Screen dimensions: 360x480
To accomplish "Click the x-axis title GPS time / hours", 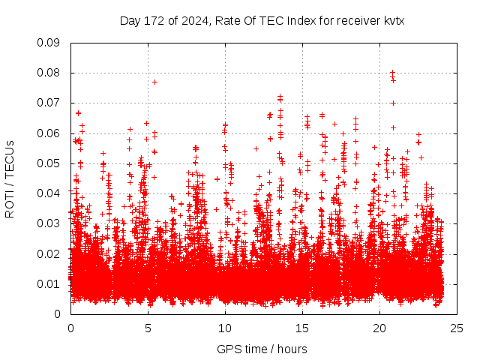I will pos(262,349).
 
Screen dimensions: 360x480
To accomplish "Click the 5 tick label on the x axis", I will pos(148,328).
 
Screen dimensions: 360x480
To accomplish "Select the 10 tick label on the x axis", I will pos(225,328).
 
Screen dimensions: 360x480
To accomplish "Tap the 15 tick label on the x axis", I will pos(302,328).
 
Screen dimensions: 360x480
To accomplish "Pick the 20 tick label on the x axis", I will pos(379,328).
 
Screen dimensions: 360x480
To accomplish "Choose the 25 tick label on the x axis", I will pos(457,328).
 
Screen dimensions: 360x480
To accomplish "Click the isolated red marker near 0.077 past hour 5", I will pos(154,82).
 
